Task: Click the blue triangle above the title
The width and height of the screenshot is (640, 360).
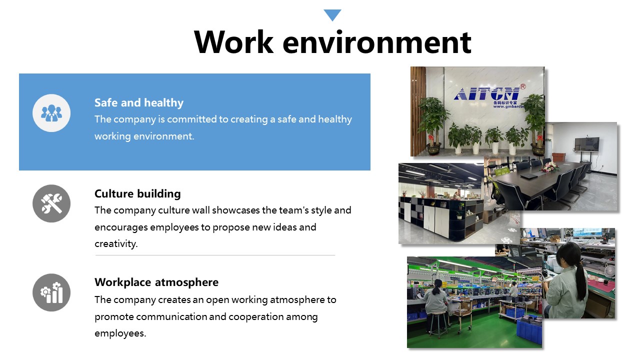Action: pyautogui.click(x=332, y=15)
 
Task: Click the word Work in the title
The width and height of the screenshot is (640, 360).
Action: pyautogui.click(x=233, y=42)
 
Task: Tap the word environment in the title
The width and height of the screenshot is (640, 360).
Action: pyautogui.click(x=377, y=43)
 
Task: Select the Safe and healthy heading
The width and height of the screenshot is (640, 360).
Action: pyautogui.click(x=139, y=102)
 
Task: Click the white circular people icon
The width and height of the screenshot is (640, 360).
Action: pyautogui.click(x=51, y=113)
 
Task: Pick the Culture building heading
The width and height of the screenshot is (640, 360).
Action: pyautogui.click(x=137, y=193)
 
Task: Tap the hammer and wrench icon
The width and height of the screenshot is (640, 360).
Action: pyautogui.click(x=51, y=203)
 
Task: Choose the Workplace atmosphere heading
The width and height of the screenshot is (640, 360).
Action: pyautogui.click(x=156, y=282)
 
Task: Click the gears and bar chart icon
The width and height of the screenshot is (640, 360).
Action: pyautogui.click(x=51, y=292)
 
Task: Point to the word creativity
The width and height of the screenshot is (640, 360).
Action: pyautogui.click(x=115, y=243)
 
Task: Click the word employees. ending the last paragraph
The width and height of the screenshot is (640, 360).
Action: pyautogui.click(x=120, y=333)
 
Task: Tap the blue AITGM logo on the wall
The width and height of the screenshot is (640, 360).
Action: pyautogui.click(x=486, y=93)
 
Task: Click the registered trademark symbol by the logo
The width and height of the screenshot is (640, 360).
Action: pyautogui.click(x=522, y=86)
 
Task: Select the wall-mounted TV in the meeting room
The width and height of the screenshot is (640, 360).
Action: pyautogui.click(x=587, y=144)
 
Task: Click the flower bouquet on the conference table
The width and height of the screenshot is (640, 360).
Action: pyautogui.click(x=549, y=166)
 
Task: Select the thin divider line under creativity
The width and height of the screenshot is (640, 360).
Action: pyautogui.click(x=215, y=255)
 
